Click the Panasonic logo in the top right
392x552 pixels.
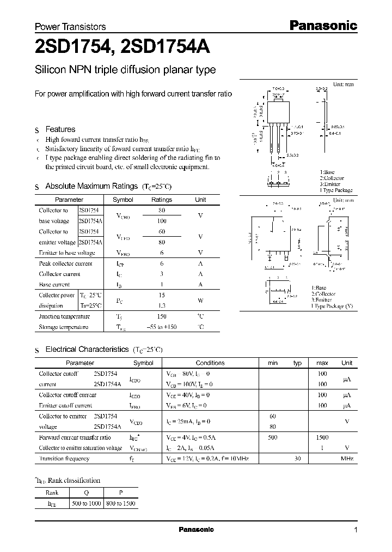tap(322, 25)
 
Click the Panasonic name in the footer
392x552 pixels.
tap(197, 530)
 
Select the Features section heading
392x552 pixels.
tap(60, 129)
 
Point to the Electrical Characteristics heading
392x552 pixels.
tap(87, 349)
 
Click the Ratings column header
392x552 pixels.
tap(161, 200)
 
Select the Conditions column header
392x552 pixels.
tap(210, 363)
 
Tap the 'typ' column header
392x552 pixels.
tap(297, 363)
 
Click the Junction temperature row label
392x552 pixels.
tap(64, 316)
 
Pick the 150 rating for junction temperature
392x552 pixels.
tap(161, 316)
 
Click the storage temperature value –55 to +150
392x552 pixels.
tap(161, 327)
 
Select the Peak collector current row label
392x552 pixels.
tap(65, 263)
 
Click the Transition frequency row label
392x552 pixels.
tap(64, 459)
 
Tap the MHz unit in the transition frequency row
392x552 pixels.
tap(347, 459)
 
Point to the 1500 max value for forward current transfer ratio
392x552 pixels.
tap(322, 437)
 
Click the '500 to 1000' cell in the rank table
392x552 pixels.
tap(87, 504)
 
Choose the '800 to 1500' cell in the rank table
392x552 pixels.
tap(120, 504)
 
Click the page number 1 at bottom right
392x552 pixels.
tap(356, 530)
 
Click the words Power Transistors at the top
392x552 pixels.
tap(70, 26)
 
